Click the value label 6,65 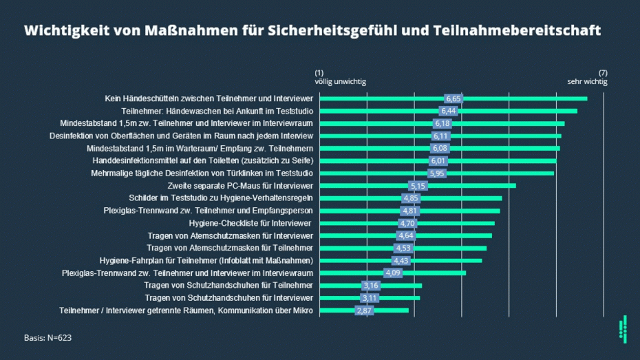tap(454, 98)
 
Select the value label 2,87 tap(364, 310)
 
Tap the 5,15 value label tap(418, 186)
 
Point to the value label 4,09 tap(392, 273)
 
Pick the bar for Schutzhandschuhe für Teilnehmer tap(399, 286)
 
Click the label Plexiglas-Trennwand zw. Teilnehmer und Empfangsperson tap(208, 211)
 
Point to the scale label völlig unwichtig tap(340, 82)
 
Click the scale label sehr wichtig tap(587, 82)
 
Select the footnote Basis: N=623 tap(47, 338)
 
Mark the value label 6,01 tap(438, 161)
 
